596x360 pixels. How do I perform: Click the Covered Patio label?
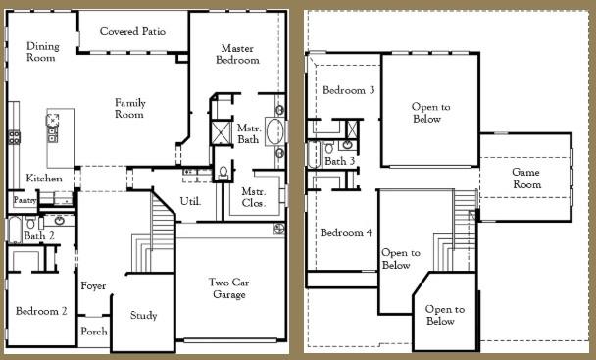132,32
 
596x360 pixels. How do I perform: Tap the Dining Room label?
43,52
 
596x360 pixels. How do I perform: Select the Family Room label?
129,109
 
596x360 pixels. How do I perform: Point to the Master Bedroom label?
239,54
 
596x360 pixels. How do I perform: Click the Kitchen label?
44,179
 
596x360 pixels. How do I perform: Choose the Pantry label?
25,199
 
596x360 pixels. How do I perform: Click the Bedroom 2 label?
41,311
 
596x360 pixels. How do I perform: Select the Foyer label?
93,286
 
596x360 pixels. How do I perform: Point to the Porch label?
94,332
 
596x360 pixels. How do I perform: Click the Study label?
144,316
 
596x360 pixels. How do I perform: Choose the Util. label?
190,201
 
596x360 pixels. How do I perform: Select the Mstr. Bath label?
248,134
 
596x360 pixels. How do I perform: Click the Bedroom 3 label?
348,90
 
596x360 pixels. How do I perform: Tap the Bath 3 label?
340,161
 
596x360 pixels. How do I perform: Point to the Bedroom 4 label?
346,232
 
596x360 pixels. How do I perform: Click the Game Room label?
526,179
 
